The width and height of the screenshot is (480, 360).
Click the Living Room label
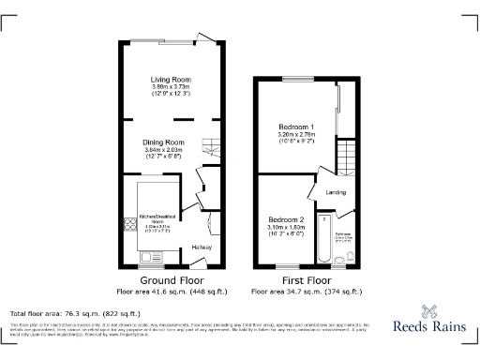tap(172, 80)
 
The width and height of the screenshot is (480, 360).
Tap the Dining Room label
tap(164, 142)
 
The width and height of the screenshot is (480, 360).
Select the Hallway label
tap(202, 247)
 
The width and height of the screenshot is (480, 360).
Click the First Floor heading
tap(306, 280)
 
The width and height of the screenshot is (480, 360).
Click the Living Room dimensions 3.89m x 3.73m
tap(172, 87)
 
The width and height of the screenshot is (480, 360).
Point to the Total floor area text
tap(74, 313)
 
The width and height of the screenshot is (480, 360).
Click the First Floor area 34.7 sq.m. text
tap(306, 291)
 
